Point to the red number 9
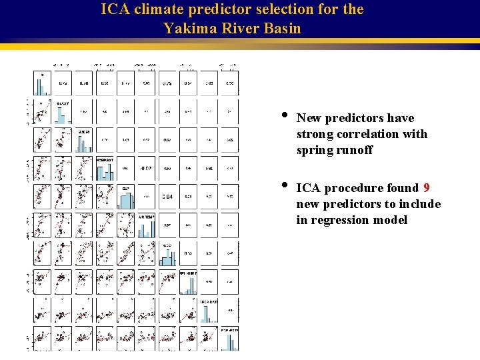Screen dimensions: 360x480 426,188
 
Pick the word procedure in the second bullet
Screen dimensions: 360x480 354,188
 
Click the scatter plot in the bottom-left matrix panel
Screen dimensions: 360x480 41,338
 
